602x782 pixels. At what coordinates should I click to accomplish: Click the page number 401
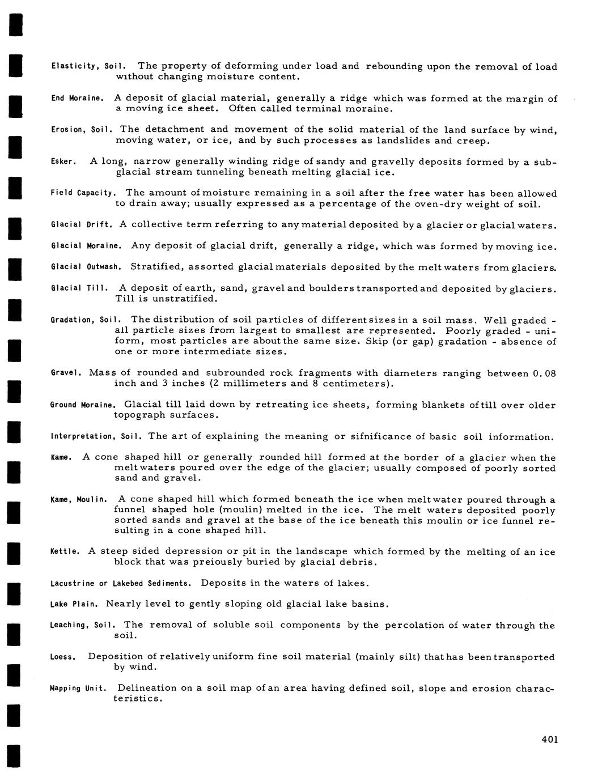549,739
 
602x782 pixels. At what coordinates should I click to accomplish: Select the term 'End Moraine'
77,99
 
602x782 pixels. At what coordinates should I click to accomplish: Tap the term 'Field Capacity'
83,194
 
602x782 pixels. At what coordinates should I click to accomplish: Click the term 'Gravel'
66,373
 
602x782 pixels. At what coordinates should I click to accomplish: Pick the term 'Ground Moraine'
83,405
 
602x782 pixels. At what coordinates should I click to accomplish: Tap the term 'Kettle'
65,552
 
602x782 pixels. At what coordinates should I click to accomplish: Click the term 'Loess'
63,657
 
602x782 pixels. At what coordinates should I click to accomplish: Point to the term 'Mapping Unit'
78,688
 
